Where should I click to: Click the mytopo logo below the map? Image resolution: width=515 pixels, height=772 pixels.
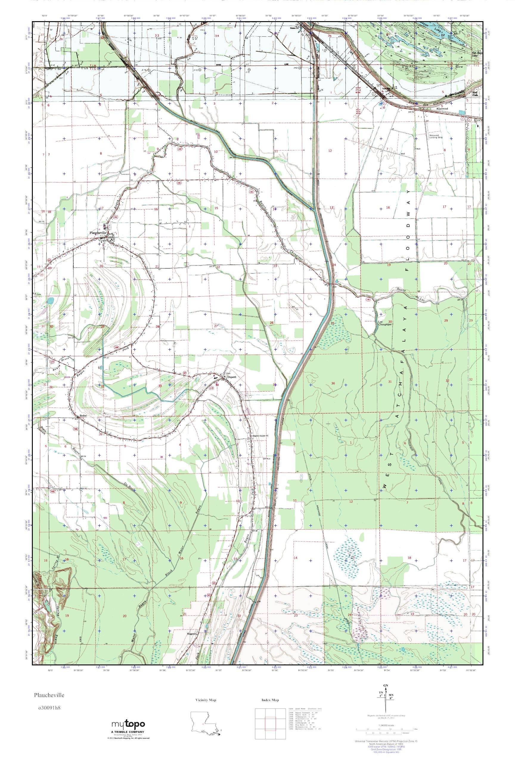[128, 723]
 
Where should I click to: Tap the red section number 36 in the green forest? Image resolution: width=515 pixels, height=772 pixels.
[333, 383]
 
